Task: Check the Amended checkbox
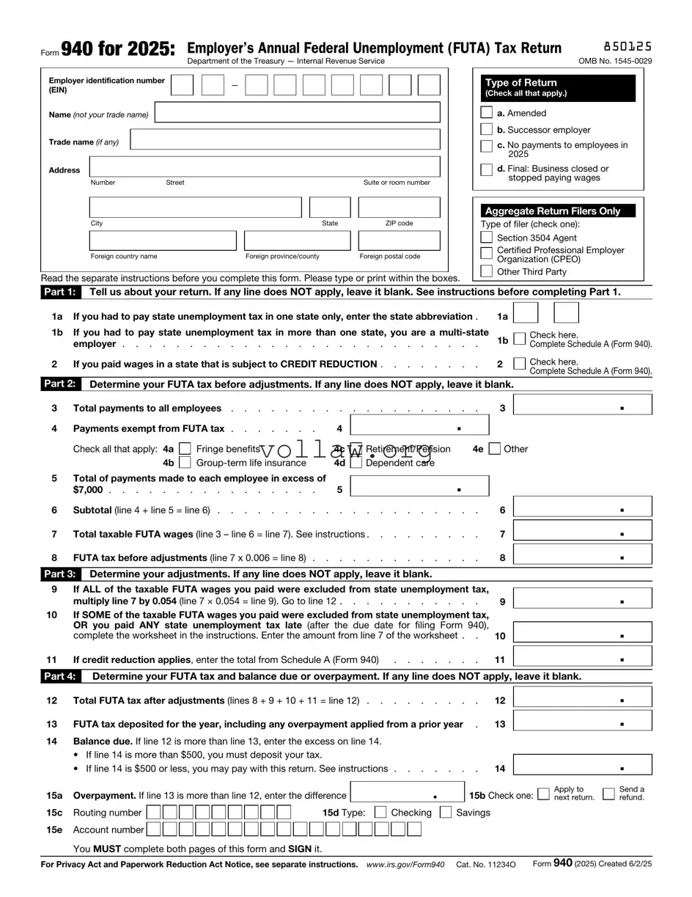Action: click(x=486, y=113)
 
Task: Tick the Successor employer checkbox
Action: click(x=486, y=130)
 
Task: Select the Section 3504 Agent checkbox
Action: click(x=486, y=238)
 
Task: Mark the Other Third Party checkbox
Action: click(x=486, y=271)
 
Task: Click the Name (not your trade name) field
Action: click(x=298, y=113)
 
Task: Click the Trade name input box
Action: click(x=285, y=139)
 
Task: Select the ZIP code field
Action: click(x=399, y=208)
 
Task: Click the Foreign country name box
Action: click(x=163, y=241)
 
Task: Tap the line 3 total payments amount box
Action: click(x=582, y=405)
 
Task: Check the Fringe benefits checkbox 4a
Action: click(x=185, y=449)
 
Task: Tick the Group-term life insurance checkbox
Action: click(x=185, y=463)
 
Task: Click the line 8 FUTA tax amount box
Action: click(x=582, y=554)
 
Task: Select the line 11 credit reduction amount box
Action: click(x=582, y=656)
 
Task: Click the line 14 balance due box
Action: click(x=582, y=765)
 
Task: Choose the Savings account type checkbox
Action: click(x=446, y=812)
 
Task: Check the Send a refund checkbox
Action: click(x=608, y=794)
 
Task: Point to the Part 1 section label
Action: click(x=59, y=292)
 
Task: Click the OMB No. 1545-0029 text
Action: click(x=614, y=61)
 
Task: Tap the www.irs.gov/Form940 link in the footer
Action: click(x=405, y=864)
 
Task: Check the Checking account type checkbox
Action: click(x=380, y=812)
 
